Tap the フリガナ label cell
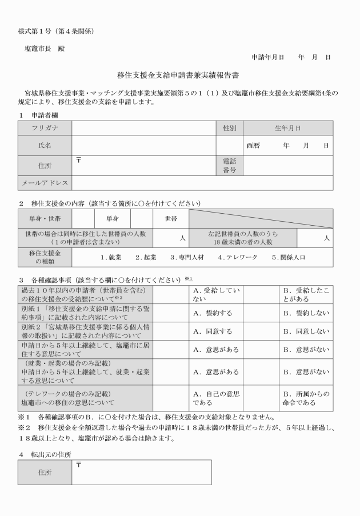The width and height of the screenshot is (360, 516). point(44,129)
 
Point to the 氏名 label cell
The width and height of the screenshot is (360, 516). point(44,145)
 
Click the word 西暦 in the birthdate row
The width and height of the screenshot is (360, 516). point(253,145)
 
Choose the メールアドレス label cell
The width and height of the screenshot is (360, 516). point(45,183)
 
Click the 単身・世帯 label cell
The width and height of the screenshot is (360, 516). point(45,218)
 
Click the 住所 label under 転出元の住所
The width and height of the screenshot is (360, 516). point(44,473)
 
